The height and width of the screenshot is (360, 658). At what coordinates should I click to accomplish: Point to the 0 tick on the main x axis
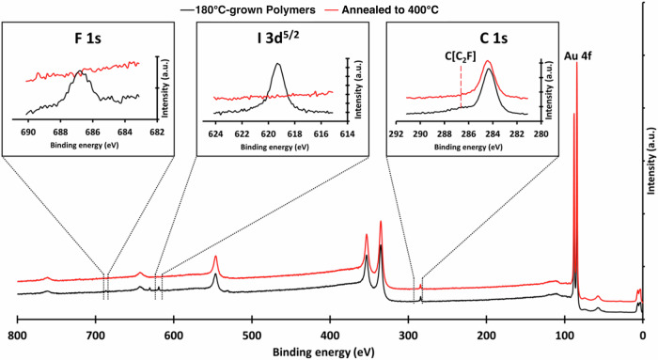642,336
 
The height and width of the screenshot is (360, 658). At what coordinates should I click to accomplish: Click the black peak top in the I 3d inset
277,64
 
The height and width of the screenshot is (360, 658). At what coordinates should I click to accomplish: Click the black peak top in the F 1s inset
83,70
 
